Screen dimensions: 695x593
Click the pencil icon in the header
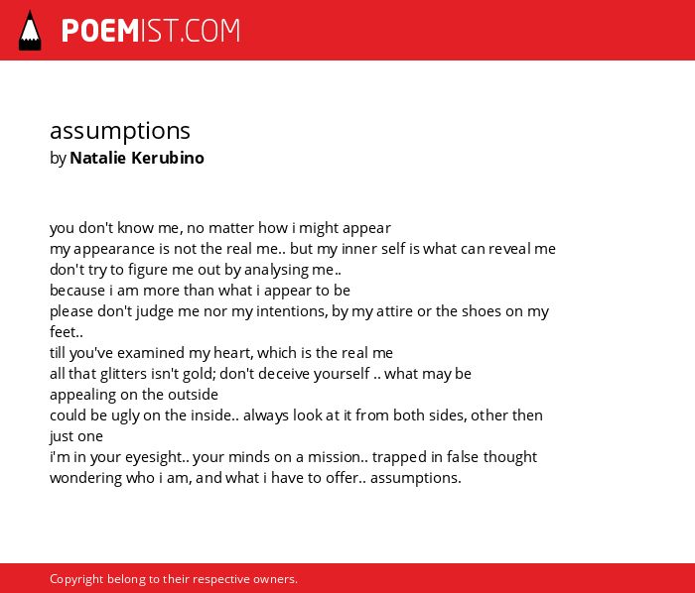(x=30, y=31)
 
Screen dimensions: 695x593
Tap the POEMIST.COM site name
(x=151, y=31)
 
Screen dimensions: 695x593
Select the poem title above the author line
(x=120, y=132)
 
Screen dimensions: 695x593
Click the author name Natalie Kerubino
(x=137, y=158)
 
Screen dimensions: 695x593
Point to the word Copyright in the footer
(x=76, y=579)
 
